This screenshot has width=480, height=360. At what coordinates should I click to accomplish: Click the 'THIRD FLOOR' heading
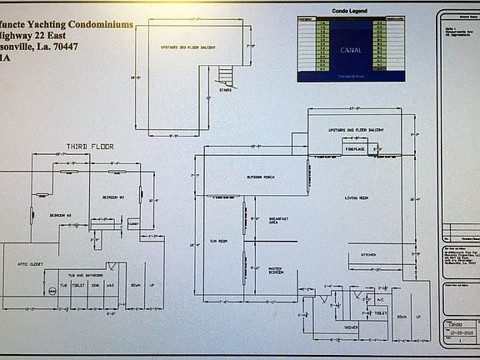89,147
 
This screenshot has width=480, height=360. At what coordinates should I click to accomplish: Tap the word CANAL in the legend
351,50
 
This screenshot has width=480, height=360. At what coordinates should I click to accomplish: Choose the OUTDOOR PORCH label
260,177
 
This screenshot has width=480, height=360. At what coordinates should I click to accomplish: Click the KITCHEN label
368,254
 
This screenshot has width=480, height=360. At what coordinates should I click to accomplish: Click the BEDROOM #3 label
113,197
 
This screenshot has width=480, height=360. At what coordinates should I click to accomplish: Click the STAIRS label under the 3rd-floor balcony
226,90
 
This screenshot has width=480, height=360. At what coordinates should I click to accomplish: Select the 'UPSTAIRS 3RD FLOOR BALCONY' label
187,47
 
